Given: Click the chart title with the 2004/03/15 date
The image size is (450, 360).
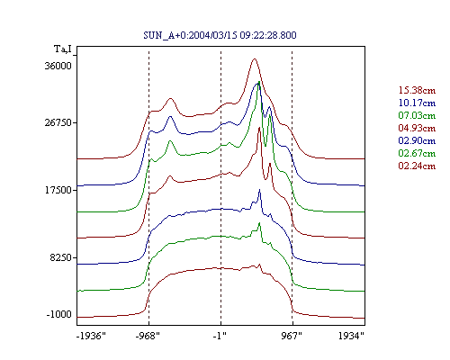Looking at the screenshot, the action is (220, 35).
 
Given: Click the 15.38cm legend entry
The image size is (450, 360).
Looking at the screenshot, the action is (417, 90).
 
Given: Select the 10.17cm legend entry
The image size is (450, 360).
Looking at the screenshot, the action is (417, 103).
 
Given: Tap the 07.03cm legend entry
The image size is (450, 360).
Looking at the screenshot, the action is (417, 115).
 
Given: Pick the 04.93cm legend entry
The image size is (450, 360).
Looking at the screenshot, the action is (417, 128).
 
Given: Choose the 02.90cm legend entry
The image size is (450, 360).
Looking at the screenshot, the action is (417, 140).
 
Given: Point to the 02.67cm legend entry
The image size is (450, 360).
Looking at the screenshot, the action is (417, 153).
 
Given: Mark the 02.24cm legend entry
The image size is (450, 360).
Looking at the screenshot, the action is (417, 166).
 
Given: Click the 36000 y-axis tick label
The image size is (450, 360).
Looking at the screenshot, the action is (58, 66).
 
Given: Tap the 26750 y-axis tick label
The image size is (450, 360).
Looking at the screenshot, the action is (58, 122).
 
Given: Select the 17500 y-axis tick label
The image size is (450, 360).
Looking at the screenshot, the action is (58, 190).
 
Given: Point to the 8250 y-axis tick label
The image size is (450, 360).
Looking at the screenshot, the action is (61, 257).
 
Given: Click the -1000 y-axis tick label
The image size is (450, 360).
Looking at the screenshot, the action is (59, 314).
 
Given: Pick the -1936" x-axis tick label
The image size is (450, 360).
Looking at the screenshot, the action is (91, 336).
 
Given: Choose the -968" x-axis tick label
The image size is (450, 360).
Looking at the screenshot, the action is (148, 336).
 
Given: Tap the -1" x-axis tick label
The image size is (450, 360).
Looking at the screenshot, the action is (220, 336).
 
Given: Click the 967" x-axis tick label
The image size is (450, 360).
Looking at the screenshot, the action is (292, 336).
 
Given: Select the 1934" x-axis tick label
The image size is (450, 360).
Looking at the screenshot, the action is (351, 336).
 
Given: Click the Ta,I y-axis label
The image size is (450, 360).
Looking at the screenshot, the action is (63, 49).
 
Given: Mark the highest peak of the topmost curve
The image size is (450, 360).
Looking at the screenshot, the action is (255, 58).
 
